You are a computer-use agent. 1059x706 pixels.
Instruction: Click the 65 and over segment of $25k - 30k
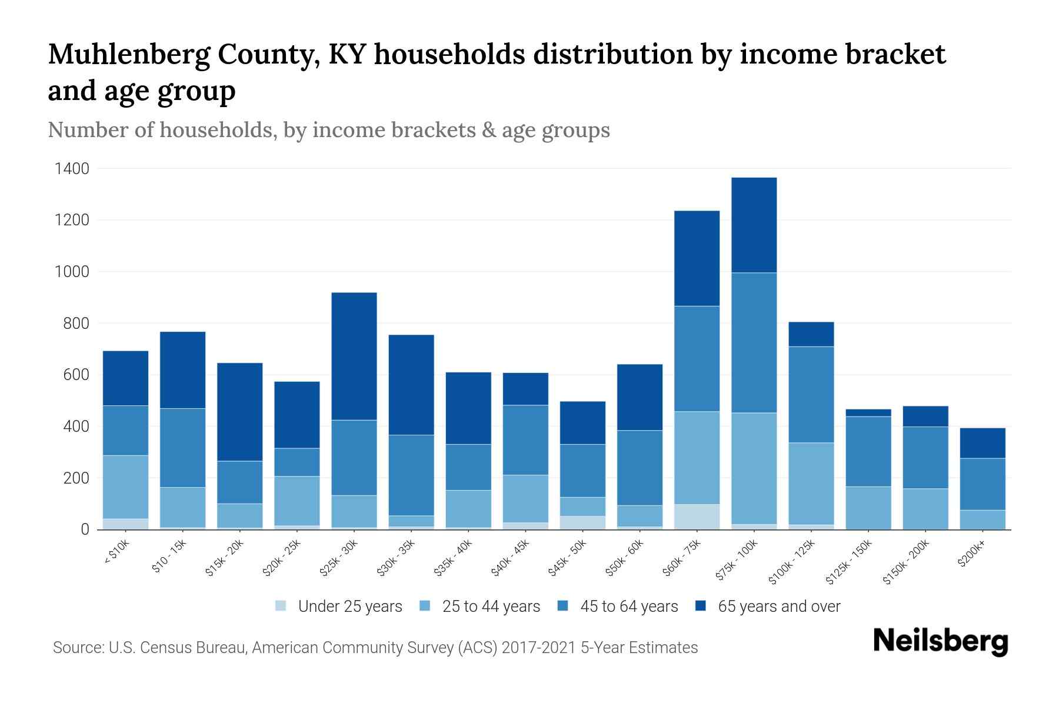(x=354, y=356)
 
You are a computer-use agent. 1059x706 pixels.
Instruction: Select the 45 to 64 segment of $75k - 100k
(x=754, y=342)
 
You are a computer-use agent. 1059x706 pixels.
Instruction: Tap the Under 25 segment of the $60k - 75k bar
(x=697, y=517)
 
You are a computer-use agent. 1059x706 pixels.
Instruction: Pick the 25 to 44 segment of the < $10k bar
(x=125, y=487)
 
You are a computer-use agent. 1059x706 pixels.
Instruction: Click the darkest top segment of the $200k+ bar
(x=983, y=443)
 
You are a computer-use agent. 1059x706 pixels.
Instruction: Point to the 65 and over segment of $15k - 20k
(x=239, y=412)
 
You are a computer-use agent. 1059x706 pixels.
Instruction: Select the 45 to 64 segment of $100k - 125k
(x=811, y=394)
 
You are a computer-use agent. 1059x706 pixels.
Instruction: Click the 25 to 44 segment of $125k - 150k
(x=868, y=507)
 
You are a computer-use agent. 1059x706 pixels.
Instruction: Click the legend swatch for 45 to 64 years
(x=562, y=606)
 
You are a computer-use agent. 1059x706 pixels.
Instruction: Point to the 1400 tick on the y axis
(x=72, y=169)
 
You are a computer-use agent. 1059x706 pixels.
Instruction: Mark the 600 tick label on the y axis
(x=76, y=375)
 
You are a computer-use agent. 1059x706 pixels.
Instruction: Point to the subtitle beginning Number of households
(x=329, y=130)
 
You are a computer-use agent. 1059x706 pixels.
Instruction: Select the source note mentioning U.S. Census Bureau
(x=375, y=648)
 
